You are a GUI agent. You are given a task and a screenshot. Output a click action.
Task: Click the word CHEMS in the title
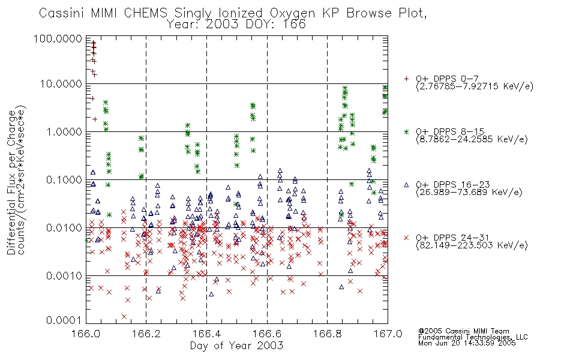pos(145,13)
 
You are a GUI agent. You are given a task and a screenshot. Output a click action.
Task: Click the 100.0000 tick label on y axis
pos(58,38)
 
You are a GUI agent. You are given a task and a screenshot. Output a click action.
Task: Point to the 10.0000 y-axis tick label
pos(61,84)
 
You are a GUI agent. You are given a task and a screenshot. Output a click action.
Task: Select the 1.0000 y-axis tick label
pos(64,131)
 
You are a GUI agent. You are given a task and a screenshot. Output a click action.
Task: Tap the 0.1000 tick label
pos(64,179)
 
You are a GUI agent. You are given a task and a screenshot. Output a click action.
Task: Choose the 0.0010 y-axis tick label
pos(64,275)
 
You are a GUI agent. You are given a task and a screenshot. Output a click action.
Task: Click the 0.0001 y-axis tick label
pos(64,320)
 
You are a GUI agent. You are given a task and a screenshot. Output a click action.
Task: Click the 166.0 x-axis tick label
pos(86,334)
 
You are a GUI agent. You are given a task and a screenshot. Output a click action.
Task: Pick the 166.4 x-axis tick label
pos(206,334)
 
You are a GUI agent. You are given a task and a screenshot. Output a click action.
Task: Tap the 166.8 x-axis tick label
pos(327,334)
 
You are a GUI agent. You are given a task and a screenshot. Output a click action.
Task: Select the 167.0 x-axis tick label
pos(388,334)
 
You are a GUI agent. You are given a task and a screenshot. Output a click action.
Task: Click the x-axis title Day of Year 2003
pos(236,346)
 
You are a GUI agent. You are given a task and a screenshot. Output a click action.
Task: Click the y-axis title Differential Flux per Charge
pos(11,182)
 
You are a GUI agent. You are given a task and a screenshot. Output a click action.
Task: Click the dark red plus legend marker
pos(406,79)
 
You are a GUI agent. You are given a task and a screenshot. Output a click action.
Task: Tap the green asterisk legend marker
pos(406,131)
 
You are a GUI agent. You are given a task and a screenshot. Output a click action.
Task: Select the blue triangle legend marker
pos(406,185)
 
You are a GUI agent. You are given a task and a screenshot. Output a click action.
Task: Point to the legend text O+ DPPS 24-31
pos(452,238)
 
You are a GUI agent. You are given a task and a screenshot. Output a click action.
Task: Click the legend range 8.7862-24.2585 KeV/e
pos(472,139)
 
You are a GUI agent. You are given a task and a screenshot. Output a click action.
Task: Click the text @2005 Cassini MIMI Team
pos(463,331)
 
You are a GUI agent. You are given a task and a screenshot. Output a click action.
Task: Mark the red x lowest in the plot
pos(124,317)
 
